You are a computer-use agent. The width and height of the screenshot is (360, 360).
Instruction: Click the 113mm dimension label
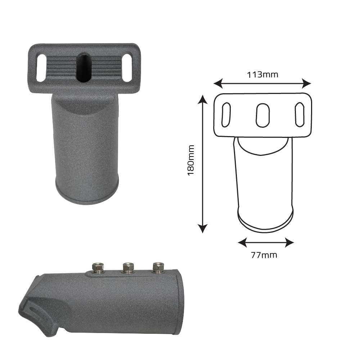pyautogui.click(x=262, y=75)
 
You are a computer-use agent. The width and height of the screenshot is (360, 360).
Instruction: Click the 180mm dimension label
pyautogui.click(x=191, y=160)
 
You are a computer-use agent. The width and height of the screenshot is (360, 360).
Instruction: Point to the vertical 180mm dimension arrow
pyautogui.click(x=203, y=164)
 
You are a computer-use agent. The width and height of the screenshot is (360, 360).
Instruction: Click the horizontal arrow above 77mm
pyautogui.click(x=266, y=242)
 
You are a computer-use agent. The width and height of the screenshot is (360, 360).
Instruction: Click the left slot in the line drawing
pyautogui.click(x=226, y=114)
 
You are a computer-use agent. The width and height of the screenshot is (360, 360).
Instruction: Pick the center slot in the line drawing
pyautogui.click(x=262, y=115)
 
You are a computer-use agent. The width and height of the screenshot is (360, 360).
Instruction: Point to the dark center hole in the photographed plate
pyautogui.click(x=84, y=67)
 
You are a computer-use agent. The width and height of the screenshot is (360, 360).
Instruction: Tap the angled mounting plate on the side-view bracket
pyautogui.click(x=36, y=310)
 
